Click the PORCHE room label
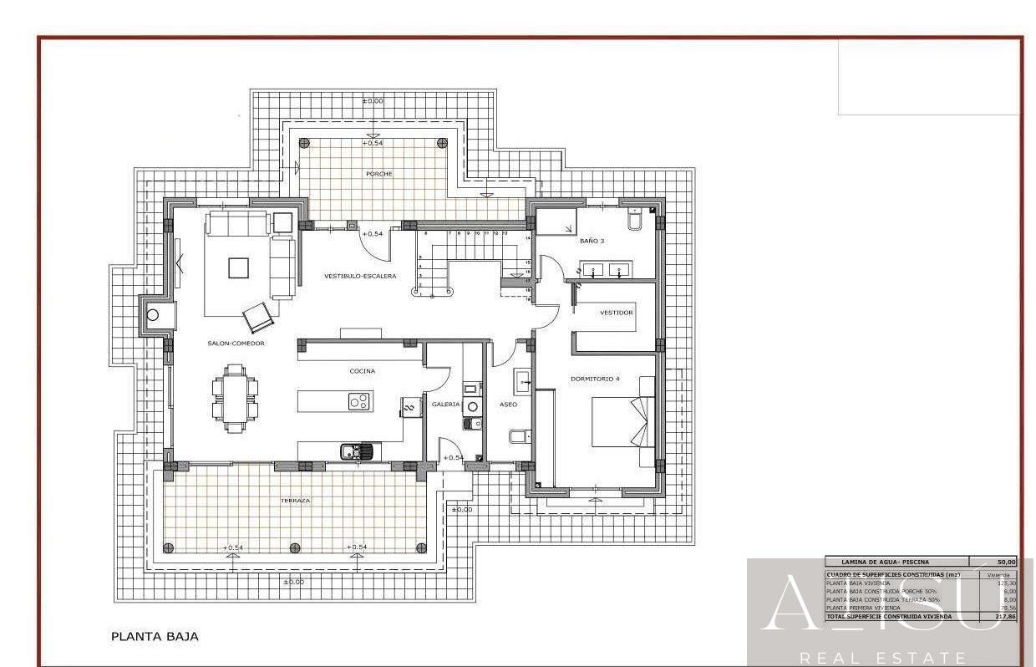[x=378, y=174]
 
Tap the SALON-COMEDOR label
[x=236, y=344]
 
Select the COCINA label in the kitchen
[x=362, y=371]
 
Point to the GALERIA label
[x=445, y=405]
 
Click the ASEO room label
[x=508, y=405]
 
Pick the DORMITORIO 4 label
[x=595, y=379]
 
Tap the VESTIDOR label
[x=617, y=313]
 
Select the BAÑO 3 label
[x=592, y=241]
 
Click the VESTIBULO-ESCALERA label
[x=360, y=276]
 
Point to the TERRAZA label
[x=295, y=501]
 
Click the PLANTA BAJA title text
[x=155, y=636]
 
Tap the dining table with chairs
[x=235, y=398]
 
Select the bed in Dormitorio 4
[x=623, y=421]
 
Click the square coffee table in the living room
[x=238, y=267]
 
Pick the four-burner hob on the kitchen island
[x=359, y=402]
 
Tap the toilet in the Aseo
[x=517, y=436]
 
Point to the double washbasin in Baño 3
[x=607, y=270]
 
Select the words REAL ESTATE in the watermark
[x=883, y=658]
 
